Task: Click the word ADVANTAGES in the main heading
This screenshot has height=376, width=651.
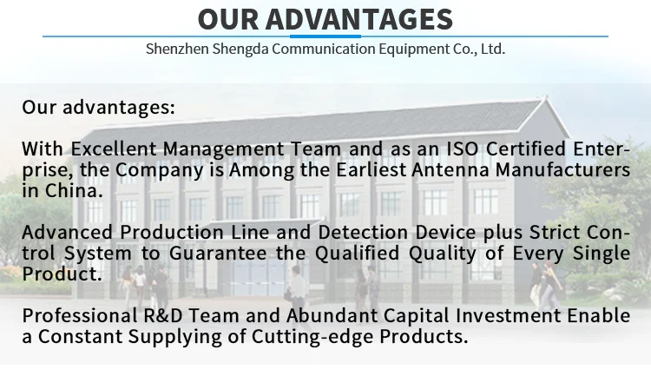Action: click(359, 19)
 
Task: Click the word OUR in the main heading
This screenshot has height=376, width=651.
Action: click(228, 19)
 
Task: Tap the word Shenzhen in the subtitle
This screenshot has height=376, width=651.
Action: click(177, 49)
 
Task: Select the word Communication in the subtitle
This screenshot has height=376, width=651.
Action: click(324, 49)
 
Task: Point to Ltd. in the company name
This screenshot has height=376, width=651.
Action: click(493, 49)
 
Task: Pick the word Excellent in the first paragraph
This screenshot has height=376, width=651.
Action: click(114, 148)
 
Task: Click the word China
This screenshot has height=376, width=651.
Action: click(74, 191)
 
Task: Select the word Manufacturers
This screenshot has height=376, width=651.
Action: click(563, 169)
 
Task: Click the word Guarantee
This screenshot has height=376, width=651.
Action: click(218, 253)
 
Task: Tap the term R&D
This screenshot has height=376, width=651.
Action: click(163, 316)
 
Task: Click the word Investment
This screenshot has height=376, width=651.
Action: click(508, 316)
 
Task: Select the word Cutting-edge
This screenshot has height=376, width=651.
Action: click(312, 337)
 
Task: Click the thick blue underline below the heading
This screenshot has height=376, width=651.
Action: click(325, 36)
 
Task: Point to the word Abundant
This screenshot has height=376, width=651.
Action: click(332, 316)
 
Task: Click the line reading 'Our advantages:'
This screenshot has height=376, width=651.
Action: click(99, 107)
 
